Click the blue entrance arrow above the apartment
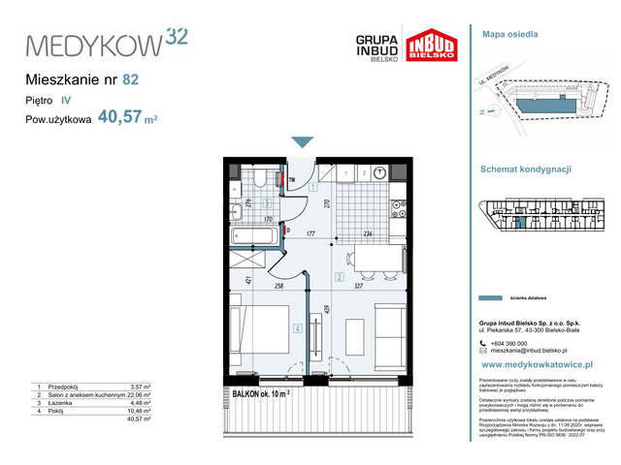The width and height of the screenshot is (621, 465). click(x=303, y=142)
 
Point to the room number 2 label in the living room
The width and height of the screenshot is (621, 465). click(x=339, y=278)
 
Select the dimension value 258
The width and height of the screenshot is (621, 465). click(x=278, y=288)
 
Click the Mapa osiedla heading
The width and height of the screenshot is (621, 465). click(x=509, y=34)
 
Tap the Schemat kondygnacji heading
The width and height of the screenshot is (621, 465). click(x=525, y=168)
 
